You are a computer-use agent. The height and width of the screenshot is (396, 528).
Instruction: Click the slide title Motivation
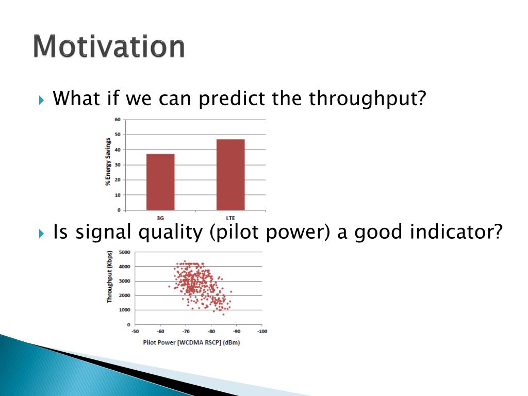click(x=109, y=46)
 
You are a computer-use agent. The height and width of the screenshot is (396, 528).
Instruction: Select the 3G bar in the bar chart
click(x=160, y=182)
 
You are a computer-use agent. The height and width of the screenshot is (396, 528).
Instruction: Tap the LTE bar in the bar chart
click(x=230, y=175)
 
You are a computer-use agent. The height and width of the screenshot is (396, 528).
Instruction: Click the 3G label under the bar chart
click(x=160, y=218)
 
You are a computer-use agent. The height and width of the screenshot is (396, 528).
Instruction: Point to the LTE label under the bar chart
click(x=230, y=218)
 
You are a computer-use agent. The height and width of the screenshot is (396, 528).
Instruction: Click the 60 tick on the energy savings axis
click(x=118, y=120)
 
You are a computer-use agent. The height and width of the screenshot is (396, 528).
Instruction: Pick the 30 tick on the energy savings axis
click(x=118, y=165)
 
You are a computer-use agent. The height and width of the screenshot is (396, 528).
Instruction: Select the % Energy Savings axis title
click(x=108, y=161)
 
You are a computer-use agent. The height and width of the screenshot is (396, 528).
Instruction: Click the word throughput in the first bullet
click(x=368, y=98)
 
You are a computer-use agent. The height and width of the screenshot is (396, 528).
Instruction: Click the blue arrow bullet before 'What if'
click(x=41, y=100)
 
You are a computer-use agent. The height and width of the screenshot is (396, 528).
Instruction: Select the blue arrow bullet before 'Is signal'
click(x=41, y=234)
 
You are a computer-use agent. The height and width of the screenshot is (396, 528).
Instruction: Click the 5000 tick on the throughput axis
click(x=125, y=252)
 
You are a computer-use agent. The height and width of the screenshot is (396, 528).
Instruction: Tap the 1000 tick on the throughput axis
click(x=125, y=310)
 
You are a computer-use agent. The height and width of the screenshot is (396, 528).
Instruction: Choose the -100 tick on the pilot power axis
click(x=262, y=332)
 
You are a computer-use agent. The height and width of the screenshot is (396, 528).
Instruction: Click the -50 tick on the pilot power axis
click(x=135, y=332)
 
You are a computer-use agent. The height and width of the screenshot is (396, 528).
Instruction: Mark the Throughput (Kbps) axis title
click(x=109, y=277)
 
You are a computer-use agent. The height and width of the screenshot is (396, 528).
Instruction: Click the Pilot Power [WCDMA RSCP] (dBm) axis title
click(x=191, y=342)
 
